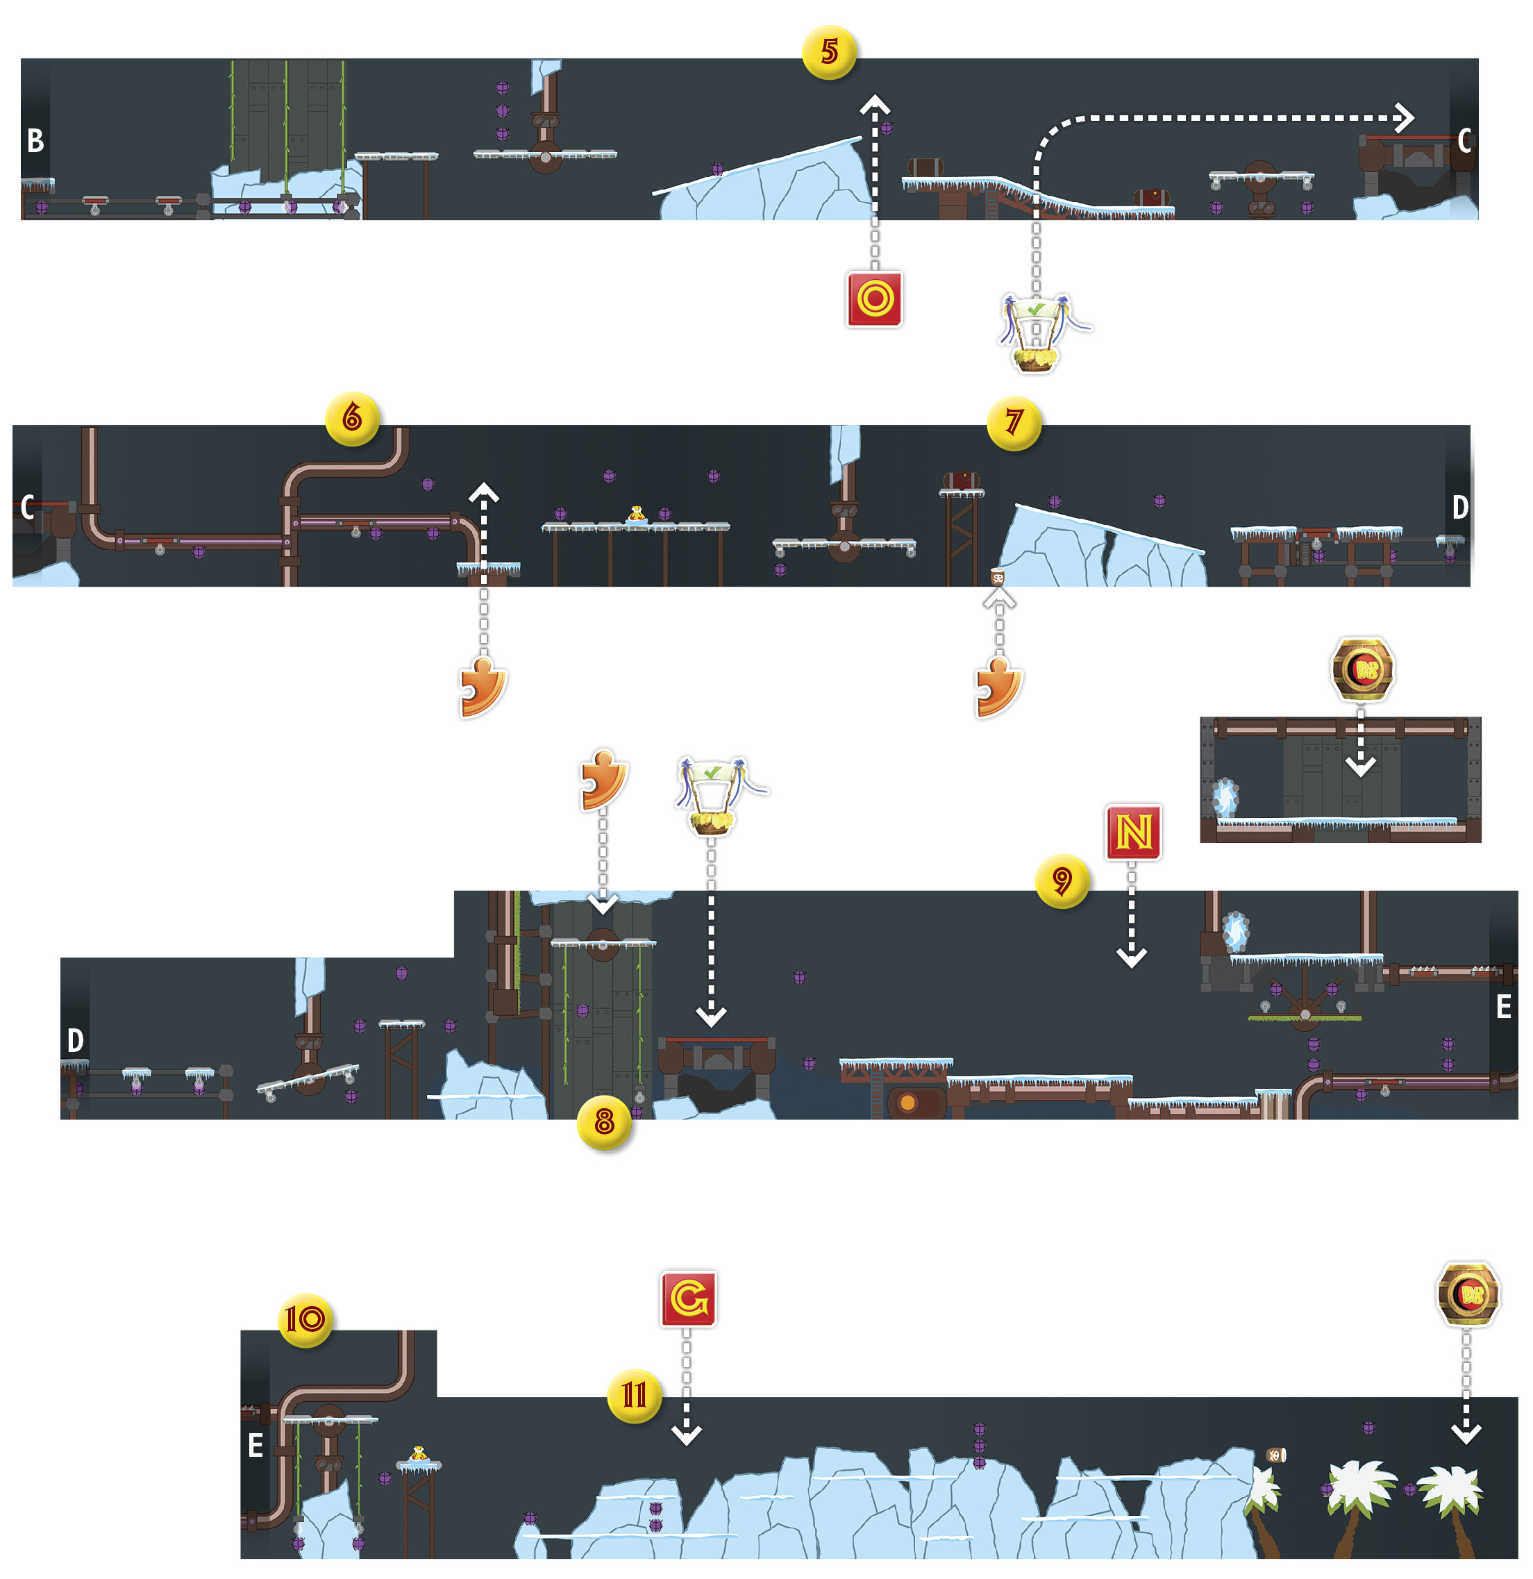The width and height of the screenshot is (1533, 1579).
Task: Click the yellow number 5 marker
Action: (x=829, y=52)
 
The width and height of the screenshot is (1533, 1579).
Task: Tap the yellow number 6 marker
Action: (x=352, y=418)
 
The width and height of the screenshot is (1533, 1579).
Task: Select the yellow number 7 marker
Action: (x=1014, y=422)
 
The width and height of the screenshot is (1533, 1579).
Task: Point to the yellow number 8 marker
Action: (x=604, y=1121)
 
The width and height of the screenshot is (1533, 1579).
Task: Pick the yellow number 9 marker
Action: (x=1062, y=880)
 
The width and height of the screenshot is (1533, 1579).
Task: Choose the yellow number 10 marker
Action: (x=305, y=1319)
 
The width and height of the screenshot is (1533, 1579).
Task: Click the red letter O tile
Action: (x=875, y=299)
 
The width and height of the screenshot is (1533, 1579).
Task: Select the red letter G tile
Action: (x=688, y=1298)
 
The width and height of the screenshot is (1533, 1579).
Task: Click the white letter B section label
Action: (x=35, y=141)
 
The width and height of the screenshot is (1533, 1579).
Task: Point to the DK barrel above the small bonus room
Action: (x=1362, y=669)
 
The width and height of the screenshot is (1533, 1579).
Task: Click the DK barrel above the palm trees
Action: (x=1468, y=1294)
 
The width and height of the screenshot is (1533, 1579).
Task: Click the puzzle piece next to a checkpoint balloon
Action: (x=603, y=779)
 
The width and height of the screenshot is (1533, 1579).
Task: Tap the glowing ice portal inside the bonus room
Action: (x=1225, y=798)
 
